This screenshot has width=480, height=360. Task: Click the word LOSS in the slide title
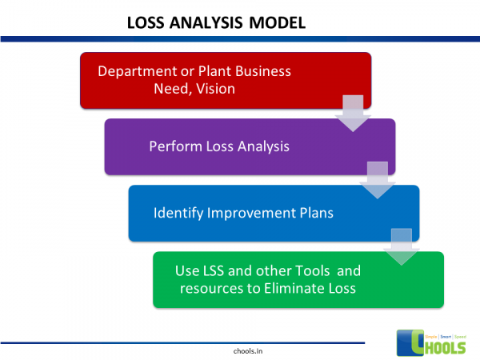pyautogui.click(x=146, y=23)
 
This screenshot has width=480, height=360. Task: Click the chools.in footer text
pyautogui.click(x=238, y=350)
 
